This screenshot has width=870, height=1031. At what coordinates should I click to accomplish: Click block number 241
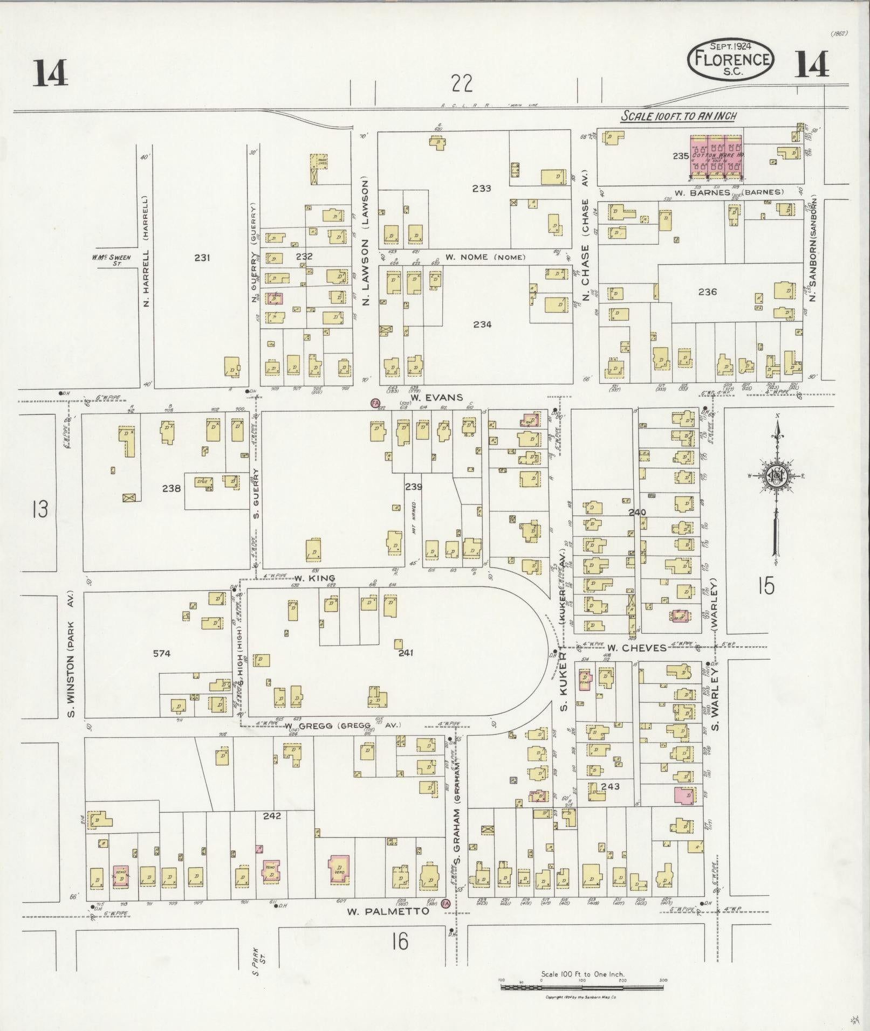coord(405,653)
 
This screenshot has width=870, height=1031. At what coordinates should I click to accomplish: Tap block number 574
coord(161,653)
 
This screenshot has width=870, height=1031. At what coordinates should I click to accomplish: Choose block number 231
coord(202,258)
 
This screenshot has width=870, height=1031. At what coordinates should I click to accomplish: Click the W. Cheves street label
coord(636,648)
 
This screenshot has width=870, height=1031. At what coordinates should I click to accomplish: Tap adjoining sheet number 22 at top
coord(462,84)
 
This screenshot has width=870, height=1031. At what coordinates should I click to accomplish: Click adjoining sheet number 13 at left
coord(39,509)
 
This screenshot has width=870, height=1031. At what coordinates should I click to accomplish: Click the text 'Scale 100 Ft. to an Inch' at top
coord(679,115)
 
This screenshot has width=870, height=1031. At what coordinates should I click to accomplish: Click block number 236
coord(707,292)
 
